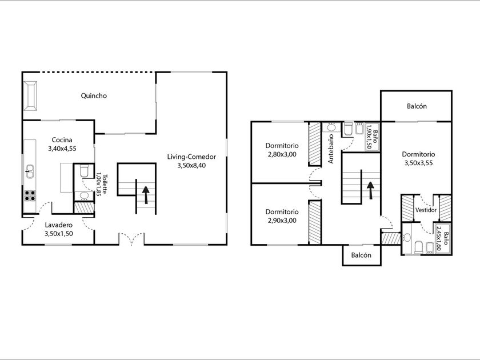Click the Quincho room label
94,96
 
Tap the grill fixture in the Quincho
30,95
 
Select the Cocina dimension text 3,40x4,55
62,149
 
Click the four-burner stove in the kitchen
30,195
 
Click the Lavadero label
59,225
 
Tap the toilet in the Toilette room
84,171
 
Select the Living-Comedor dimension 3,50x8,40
191,166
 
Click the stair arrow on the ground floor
146,195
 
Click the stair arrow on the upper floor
370,190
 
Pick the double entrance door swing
131,239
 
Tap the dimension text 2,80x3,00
282,155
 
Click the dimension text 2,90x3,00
282,221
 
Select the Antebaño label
331,149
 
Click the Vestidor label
426,210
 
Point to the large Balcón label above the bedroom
417,106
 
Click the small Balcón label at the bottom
361,255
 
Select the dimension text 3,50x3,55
418,163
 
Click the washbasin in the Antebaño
331,127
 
